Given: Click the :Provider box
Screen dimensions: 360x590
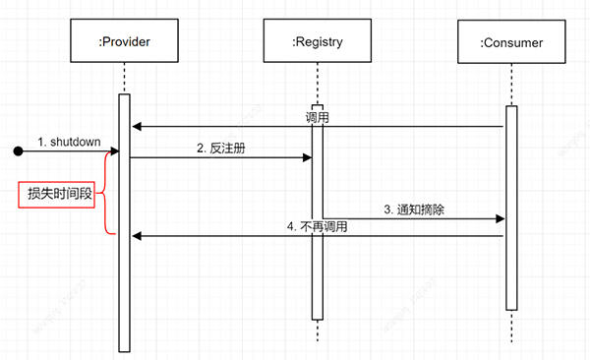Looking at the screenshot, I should click(125, 42).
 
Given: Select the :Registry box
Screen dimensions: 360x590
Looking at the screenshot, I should click(317, 42).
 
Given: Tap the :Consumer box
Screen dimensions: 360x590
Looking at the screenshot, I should click(510, 42).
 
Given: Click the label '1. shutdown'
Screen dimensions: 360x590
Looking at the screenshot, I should click(69, 142).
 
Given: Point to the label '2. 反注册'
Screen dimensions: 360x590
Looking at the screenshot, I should click(219, 148).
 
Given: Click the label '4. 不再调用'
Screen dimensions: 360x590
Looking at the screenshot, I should click(317, 226).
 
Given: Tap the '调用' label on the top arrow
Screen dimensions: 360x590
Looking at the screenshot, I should click(317, 117).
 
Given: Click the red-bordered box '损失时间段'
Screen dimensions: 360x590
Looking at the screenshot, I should click(59, 195).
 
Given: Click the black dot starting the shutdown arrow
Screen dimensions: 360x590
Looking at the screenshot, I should click(18, 151).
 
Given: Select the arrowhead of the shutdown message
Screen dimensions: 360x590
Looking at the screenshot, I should click(115, 151).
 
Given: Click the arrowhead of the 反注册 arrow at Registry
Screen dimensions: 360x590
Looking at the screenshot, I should click(307, 157).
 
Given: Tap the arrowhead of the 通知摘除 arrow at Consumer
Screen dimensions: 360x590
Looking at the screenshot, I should click(501, 219).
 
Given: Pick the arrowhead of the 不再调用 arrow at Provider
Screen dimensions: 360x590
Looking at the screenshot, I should click(136, 235).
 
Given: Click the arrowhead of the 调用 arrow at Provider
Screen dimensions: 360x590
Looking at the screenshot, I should click(136, 126).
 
